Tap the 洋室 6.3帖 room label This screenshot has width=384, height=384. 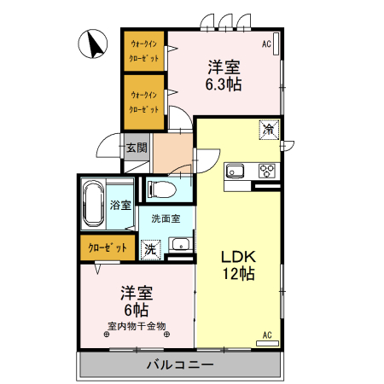[x=223, y=74]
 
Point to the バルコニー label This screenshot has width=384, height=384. [x=180, y=364]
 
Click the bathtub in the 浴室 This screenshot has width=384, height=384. [x=94, y=205]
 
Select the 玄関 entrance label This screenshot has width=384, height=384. [x=137, y=147]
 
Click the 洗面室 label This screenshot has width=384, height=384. [x=166, y=218]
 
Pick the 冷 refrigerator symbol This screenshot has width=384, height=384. [x=270, y=131]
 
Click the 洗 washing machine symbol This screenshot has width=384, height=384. [x=150, y=250]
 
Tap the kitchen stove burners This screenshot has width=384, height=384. [x=266, y=169]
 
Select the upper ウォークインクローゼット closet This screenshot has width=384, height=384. [x=143, y=52]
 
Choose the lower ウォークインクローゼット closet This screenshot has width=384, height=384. [x=143, y=101]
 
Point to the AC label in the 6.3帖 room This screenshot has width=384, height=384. [x=266, y=44]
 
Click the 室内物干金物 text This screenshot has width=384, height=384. [x=137, y=324]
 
